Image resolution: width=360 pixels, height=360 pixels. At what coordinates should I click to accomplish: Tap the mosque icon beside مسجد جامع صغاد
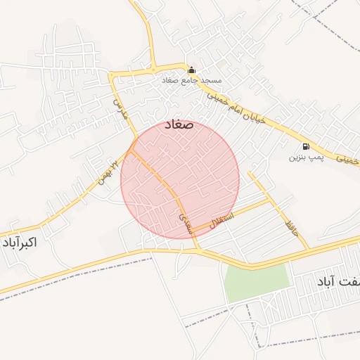[191, 70]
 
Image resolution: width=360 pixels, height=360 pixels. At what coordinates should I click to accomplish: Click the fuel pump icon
[306, 146]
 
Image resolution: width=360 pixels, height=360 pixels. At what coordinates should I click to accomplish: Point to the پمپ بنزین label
[304, 157]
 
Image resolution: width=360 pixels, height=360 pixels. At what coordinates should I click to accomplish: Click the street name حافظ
[290, 226]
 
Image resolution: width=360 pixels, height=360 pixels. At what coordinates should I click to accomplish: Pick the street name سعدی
[185, 224]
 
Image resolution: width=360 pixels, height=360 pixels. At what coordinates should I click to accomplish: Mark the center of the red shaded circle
[180, 179]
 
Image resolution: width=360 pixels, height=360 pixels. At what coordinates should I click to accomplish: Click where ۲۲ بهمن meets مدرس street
[132, 149]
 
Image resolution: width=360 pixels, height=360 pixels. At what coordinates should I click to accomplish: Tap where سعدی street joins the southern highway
[200, 251]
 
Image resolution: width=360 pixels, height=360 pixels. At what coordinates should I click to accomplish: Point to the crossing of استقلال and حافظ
[270, 200]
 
